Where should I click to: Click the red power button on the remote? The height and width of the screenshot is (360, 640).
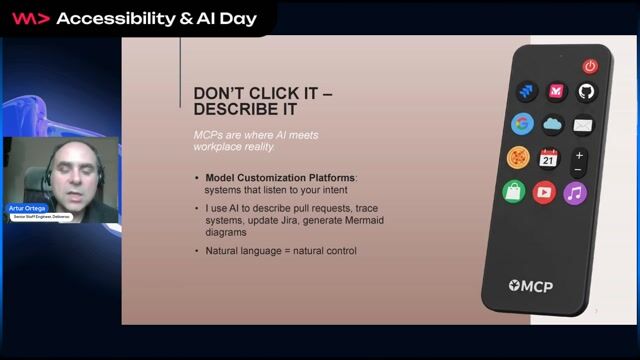point(590,66)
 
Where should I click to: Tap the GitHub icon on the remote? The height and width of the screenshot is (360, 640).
point(587,92)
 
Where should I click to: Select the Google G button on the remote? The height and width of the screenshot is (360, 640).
point(522,124)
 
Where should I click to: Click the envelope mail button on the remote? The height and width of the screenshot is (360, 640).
point(583,125)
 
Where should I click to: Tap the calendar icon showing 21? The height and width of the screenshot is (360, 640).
point(549,158)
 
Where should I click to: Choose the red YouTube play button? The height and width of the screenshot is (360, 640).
point(544,192)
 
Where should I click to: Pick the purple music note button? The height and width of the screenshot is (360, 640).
point(575,192)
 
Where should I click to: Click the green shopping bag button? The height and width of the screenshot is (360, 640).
point(513,192)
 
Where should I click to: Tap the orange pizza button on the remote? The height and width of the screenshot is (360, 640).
point(518,158)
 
